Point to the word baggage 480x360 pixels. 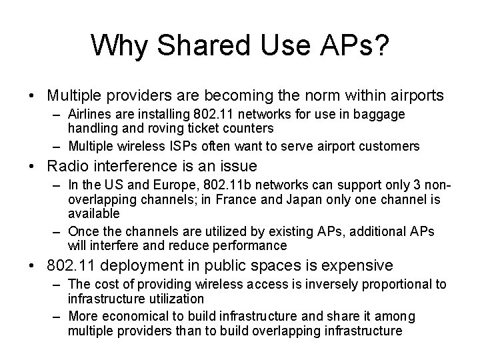click(382, 115)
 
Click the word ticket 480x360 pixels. click(206, 127)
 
